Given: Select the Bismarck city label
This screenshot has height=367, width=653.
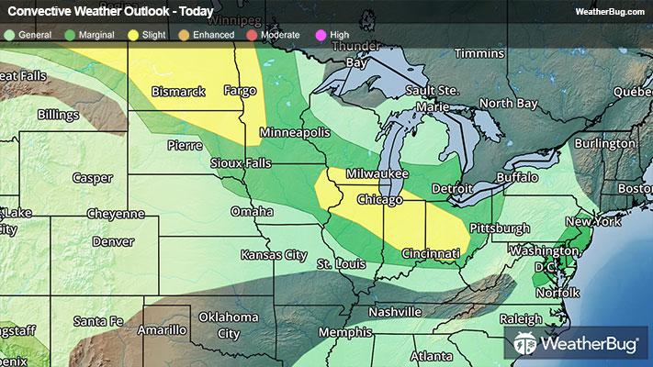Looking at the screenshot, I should click(x=178, y=93).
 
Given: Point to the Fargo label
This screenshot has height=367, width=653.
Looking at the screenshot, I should click(x=241, y=91).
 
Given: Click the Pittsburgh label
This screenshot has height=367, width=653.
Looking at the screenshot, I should click(x=498, y=227).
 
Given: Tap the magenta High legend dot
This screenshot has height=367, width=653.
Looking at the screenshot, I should click(x=320, y=36).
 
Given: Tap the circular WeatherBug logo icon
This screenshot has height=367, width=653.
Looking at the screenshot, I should click(x=526, y=345).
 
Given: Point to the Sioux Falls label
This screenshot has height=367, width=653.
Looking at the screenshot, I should click(x=216, y=163).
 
